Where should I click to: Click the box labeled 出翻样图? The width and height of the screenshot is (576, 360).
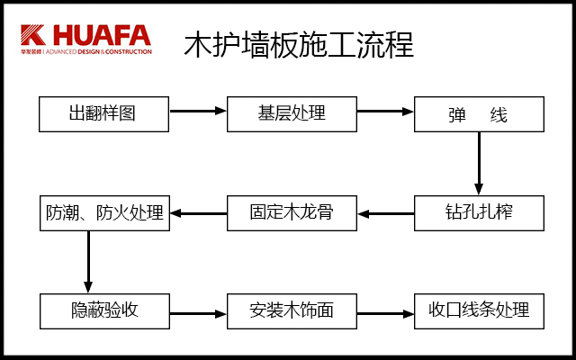(x=104, y=114)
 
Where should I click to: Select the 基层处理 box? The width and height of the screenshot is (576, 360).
(x=292, y=114)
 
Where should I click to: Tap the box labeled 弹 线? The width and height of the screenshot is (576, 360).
(x=479, y=115)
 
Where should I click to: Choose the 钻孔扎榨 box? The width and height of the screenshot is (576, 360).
(x=479, y=213)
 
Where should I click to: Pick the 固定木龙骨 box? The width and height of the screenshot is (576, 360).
(x=292, y=213)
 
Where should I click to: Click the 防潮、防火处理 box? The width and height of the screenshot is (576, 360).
(x=104, y=213)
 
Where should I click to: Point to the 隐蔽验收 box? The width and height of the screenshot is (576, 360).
(x=104, y=311)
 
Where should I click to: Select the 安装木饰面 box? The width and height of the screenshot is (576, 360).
(x=292, y=311)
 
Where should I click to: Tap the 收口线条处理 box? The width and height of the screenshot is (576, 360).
(x=479, y=311)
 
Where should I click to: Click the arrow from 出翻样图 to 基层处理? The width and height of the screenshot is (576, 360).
(x=198, y=112)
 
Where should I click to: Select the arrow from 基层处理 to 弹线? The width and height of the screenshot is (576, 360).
(x=385, y=112)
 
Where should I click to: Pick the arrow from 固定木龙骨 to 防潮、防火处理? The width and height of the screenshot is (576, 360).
(x=198, y=214)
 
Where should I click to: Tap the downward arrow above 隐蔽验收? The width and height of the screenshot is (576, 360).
(x=88, y=261)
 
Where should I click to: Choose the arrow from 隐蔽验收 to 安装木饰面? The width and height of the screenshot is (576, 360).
(x=198, y=314)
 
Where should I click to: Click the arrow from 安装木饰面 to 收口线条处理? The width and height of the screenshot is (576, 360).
(x=385, y=314)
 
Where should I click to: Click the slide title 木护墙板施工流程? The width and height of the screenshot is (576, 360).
(x=299, y=43)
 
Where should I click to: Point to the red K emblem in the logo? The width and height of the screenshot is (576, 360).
(x=33, y=35)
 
